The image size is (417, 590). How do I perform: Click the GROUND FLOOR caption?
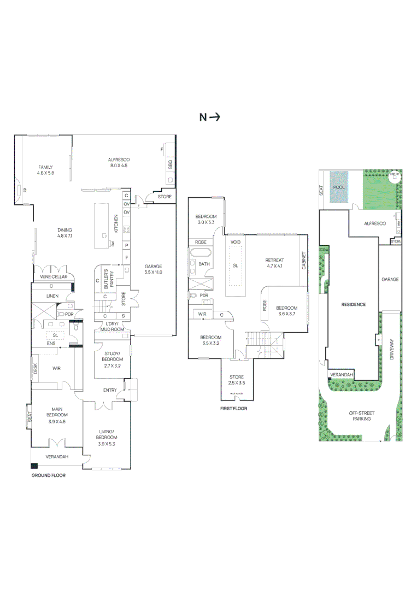point(48,475)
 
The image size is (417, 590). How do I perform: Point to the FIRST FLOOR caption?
point(234,408)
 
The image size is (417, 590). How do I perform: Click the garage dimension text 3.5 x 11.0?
point(153,272)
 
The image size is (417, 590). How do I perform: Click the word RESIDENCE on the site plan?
point(353,304)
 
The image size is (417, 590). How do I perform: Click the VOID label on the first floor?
point(236,241)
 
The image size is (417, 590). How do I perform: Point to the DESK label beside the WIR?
point(35,369)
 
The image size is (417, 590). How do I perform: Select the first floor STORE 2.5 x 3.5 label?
point(236,379)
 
